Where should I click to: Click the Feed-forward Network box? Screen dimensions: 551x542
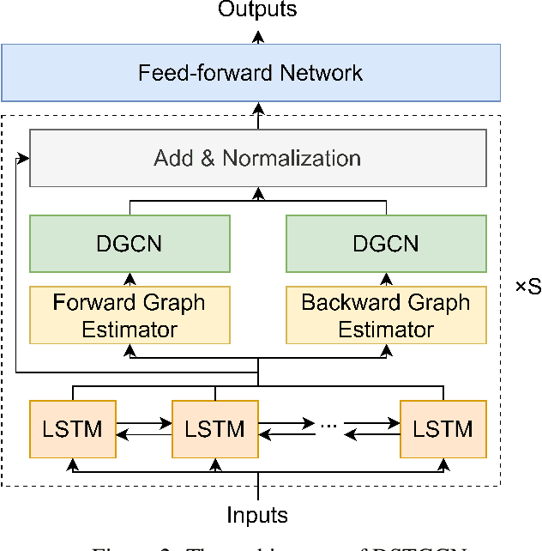250,72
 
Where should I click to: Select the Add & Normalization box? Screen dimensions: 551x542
257,158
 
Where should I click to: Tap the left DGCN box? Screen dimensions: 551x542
129,243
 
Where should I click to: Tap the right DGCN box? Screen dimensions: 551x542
386,243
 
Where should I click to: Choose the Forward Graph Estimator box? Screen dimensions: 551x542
129,315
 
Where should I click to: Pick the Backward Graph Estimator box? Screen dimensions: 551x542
386,315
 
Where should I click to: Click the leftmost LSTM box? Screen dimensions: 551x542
72,427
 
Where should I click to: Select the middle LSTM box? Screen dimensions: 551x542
214,427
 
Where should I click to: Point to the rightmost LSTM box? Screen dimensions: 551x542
443,427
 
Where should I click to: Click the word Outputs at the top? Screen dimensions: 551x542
257,10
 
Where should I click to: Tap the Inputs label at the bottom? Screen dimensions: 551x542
257,515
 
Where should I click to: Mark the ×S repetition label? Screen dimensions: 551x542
527,288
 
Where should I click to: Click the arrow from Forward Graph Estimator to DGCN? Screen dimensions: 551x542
129,279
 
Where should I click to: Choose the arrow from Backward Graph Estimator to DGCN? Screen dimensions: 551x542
386,279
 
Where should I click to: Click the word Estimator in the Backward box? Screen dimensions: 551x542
386,330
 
